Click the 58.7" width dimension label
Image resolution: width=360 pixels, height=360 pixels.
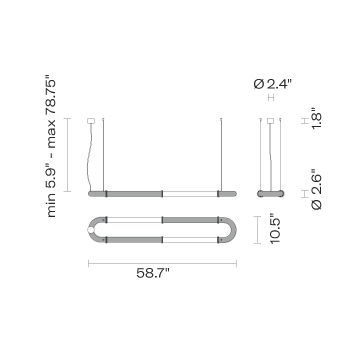pos(153,273)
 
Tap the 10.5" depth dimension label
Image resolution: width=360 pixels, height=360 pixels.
pos(276,230)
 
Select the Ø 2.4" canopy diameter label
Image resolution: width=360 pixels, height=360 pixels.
pos(273,84)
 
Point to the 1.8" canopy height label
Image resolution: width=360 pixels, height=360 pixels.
pos(316,119)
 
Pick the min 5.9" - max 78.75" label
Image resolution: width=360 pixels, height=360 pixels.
pos(52,148)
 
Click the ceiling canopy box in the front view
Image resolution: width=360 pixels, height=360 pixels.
pos(91,121)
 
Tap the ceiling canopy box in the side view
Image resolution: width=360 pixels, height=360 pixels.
pos(270,121)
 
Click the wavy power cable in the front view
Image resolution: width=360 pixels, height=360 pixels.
pos(89,157)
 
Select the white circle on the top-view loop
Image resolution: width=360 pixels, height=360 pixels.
pos(91,230)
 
